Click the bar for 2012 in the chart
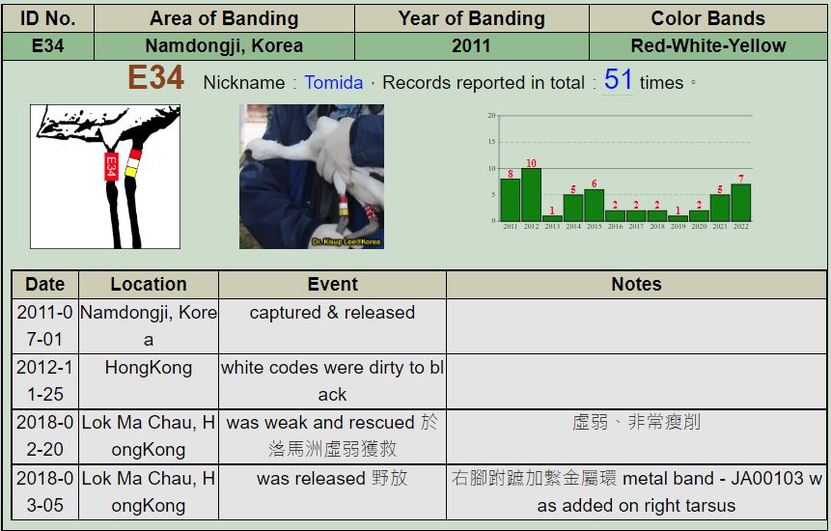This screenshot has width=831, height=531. [531, 194]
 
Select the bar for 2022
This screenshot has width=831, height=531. [740, 203]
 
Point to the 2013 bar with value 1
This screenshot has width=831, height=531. [552, 218]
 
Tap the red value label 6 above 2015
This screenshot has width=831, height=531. [595, 183]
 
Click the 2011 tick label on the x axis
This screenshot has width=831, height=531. [510, 226]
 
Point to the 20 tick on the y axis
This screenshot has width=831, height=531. [491, 115]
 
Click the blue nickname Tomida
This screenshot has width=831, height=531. [333, 83]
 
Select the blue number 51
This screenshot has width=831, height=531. [618, 79]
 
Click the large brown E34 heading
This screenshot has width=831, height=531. [155, 77]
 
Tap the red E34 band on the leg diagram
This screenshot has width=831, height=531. [111, 166]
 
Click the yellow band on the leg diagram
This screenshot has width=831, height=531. [131, 171]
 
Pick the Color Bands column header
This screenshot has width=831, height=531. [707, 18]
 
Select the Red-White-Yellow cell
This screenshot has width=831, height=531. [707, 45]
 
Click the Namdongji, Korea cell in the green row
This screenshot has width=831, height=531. [224, 45]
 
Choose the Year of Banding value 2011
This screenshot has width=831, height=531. [471, 45]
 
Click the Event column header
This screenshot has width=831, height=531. [332, 284]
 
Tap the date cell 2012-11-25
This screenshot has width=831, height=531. [45, 381]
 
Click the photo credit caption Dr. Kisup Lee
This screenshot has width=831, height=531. [346, 241]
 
